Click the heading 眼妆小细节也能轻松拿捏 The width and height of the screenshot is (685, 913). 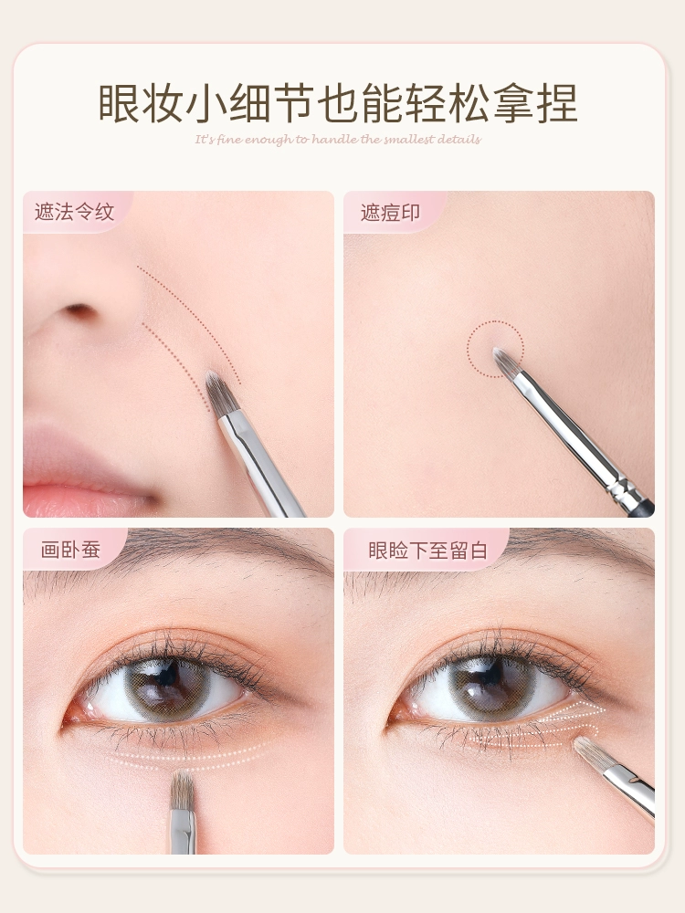tap(338, 104)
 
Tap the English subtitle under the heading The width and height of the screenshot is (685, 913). tap(338, 140)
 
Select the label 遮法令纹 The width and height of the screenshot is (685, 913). tap(75, 212)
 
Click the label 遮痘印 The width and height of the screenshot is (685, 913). tap(390, 213)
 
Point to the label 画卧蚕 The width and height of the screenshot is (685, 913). tap(70, 549)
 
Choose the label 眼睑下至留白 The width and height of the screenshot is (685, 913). tap(428, 551)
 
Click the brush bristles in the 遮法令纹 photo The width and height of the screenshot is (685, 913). tap(222, 394)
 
